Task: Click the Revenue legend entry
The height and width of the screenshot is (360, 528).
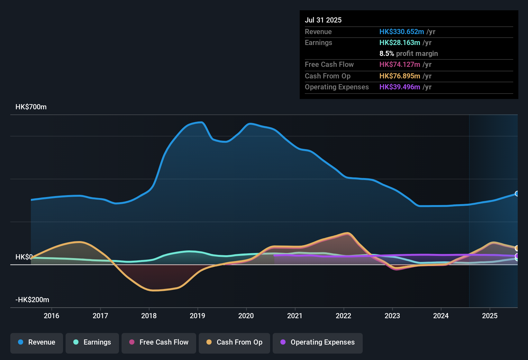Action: coord(37,342)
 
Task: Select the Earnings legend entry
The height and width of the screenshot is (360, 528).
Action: coord(92,342)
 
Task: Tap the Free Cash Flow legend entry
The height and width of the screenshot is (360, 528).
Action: coord(159,342)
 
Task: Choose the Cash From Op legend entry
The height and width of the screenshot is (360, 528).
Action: coord(234,342)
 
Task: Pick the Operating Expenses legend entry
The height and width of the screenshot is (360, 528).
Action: coord(318,342)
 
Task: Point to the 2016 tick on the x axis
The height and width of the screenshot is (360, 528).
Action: coord(51,316)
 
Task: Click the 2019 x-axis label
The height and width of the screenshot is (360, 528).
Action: coord(197,316)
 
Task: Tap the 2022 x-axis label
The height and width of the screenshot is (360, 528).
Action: coord(343,316)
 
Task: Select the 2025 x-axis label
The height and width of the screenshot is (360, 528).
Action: coord(489,316)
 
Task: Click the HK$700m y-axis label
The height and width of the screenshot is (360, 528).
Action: coord(31,107)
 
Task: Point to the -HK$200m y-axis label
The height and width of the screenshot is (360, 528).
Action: coord(32,300)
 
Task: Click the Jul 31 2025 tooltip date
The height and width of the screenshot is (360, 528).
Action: coord(323,20)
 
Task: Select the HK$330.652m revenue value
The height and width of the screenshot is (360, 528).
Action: coord(402,32)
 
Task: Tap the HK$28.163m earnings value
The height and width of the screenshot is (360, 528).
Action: coord(400,43)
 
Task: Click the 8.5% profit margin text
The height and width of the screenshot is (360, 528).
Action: coord(408,54)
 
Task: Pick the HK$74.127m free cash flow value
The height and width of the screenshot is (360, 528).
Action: coord(400,65)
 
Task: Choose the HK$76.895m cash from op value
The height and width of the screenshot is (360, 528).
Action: coord(400,76)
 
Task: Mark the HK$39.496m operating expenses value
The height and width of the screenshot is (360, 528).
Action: coord(400,87)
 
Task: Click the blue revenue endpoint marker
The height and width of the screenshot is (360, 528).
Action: coord(517,194)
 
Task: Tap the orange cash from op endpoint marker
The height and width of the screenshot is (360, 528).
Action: coord(517,248)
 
